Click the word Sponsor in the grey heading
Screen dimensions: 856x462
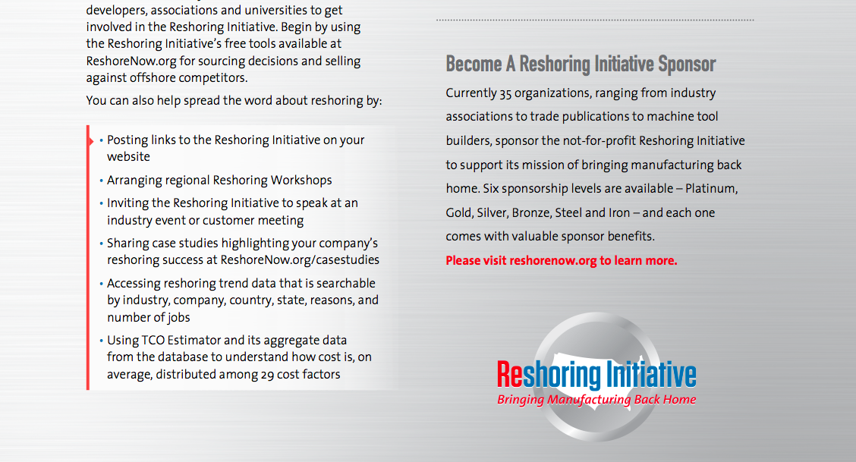click(x=686, y=64)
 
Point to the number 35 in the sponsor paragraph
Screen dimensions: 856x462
click(x=505, y=94)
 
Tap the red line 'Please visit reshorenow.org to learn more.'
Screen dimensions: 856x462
click(x=562, y=261)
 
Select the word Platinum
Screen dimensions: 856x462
click(x=711, y=189)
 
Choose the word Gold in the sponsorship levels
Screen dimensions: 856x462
click(x=458, y=212)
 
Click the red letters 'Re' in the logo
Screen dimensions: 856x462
click(x=510, y=375)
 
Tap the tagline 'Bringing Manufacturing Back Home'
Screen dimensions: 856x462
click(x=596, y=400)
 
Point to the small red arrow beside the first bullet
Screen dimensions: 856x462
click(x=90, y=141)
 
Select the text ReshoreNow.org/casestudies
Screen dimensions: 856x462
click(x=300, y=260)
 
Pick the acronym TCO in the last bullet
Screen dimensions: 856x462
click(x=153, y=341)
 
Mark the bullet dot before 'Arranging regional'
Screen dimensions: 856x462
click(x=102, y=181)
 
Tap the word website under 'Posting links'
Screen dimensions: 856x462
click(x=128, y=157)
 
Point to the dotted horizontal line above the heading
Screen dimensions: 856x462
click(x=595, y=20)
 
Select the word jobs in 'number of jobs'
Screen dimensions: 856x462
click(x=178, y=317)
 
